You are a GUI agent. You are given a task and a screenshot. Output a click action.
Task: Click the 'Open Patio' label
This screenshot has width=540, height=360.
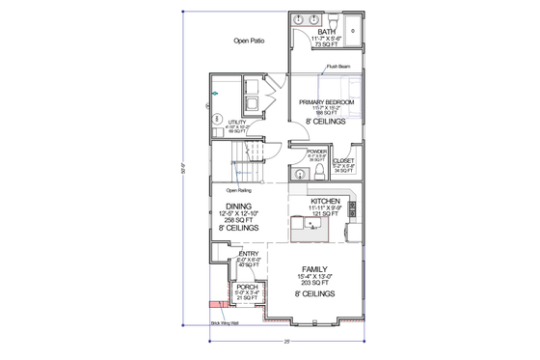click(x=249, y=41)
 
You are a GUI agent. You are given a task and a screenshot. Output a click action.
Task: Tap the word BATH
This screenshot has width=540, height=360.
click(x=327, y=32)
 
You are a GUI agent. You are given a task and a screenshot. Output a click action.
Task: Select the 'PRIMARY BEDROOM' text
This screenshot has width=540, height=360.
click(x=327, y=101)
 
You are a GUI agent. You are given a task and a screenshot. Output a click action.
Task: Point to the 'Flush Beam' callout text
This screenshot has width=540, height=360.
click(x=337, y=67)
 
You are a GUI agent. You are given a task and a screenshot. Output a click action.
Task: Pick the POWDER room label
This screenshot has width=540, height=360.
click(x=317, y=152)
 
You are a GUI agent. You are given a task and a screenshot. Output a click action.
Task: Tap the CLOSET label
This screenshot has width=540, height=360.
click(x=344, y=160)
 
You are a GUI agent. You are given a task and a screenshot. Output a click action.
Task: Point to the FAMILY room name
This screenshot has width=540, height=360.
click(x=315, y=269)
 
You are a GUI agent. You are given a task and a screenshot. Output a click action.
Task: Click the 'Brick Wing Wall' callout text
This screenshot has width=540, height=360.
click(x=224, y=324)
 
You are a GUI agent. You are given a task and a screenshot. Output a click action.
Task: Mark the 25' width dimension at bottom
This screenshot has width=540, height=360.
click(x=287, y=341)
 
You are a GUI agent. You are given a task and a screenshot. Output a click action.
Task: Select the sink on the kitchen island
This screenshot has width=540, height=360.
click(x=311, y=225)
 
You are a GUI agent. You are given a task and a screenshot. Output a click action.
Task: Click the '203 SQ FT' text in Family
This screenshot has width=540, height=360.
click(x=315, y=284)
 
